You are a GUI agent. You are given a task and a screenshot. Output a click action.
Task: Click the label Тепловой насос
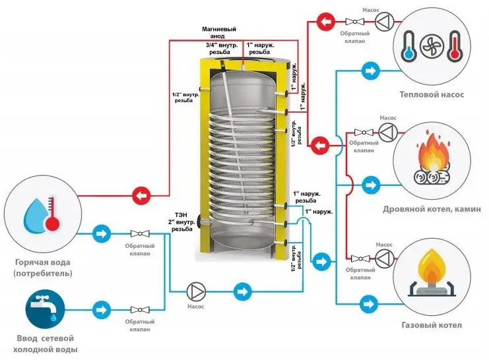432,94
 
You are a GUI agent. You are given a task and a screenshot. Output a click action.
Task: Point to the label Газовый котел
432,325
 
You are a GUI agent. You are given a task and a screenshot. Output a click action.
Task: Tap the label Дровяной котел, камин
432,210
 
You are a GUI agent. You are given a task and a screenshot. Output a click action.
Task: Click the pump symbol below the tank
196,291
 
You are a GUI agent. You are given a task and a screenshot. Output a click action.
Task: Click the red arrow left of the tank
141,195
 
